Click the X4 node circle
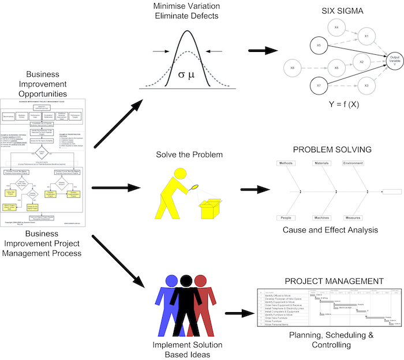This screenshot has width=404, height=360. coord(337,27)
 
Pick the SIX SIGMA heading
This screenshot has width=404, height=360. coord(341,12)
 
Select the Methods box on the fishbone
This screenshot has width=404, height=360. coord(287,164)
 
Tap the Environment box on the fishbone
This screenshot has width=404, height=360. coord(353,164)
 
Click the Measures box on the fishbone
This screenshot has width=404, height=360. coord(353,218)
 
